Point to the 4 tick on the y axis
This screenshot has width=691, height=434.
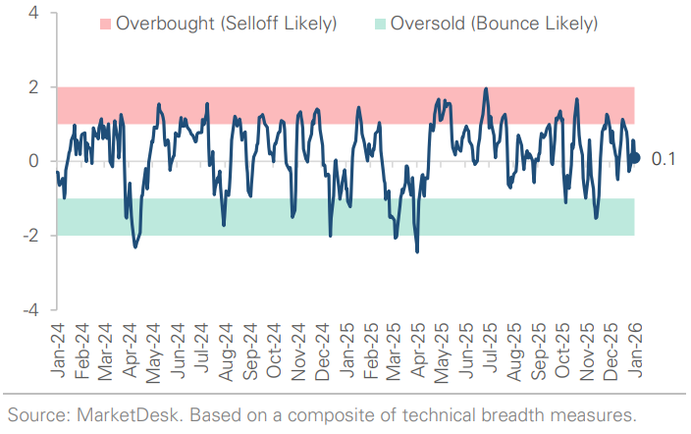[33, 14]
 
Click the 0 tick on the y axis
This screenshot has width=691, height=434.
[33, 161]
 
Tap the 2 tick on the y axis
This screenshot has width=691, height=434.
[33, 87]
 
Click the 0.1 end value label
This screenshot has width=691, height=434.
[663, 158]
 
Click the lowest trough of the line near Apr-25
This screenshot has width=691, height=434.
[417, 251]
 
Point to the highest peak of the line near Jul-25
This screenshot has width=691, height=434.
[486, 88]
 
